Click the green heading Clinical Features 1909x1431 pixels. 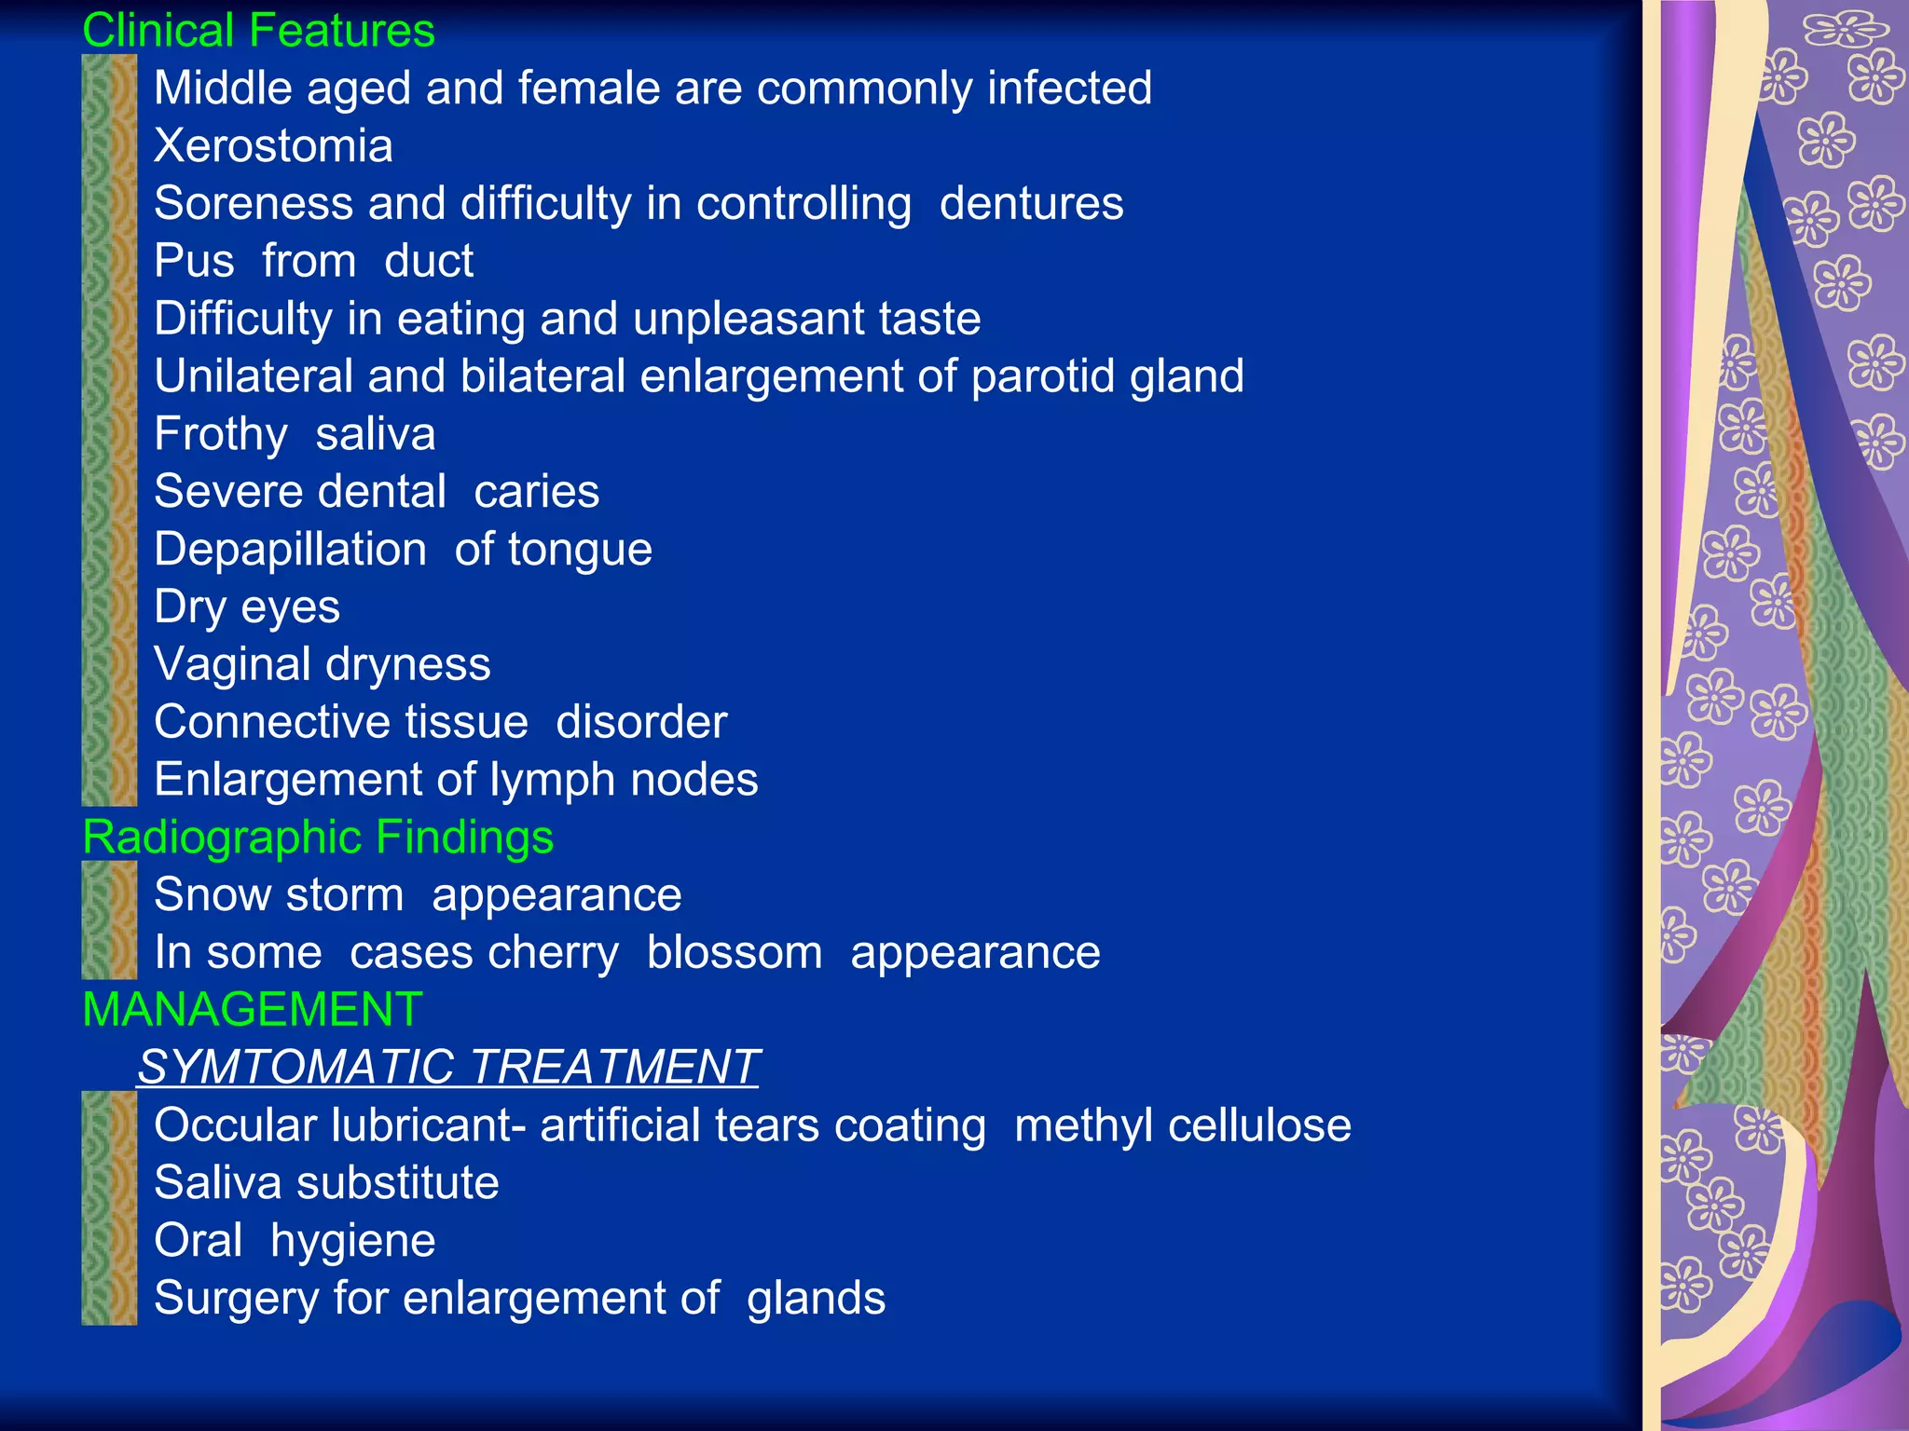(x=258, y=31)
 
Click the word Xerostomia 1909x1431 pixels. (x=273, y=146)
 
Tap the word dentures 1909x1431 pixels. (x=1031, y=204)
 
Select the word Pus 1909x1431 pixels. (x=194, y=261)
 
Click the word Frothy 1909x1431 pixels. (x=221, y=434)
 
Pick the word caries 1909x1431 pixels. (x=536, y=492)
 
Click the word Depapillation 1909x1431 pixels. (x=290, y=550)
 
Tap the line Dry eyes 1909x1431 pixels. (x=247, y=607)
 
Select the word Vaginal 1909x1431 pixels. (x=233, y=665)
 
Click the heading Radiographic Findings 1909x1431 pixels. (x=318, y=838)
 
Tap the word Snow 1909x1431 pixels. (x=212, y=895)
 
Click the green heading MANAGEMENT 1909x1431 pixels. (x=253, y=1010)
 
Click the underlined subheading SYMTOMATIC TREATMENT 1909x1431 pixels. (x=448, y=1068)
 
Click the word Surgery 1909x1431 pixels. (x=237, y=1299)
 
